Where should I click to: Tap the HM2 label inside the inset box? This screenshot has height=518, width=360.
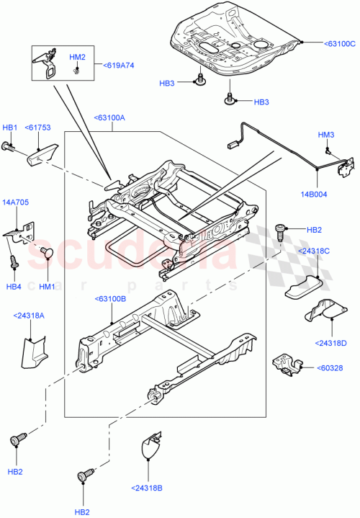tap(77, 57)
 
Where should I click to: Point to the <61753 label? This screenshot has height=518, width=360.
tap(37, 128)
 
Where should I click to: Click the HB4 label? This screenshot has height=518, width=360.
tap(14, 287)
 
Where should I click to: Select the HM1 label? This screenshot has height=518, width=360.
tap(48, 287)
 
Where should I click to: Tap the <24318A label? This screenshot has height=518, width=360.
tap(28, 315)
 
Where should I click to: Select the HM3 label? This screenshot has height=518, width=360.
tap(326, 135)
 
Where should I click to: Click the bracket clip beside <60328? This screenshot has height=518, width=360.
tap(285, 365)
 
